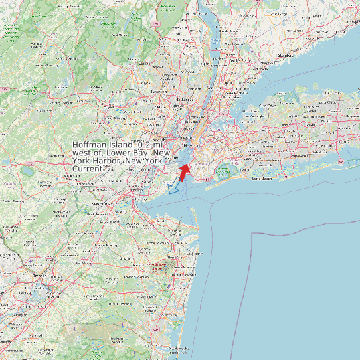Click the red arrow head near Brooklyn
pos(186,167)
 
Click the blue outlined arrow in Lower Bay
pos(175,187)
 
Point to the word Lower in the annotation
pos(121,153)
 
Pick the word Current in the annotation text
pos(88,169)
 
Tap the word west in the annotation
pos(84,153)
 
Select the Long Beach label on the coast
pos(262,178)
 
